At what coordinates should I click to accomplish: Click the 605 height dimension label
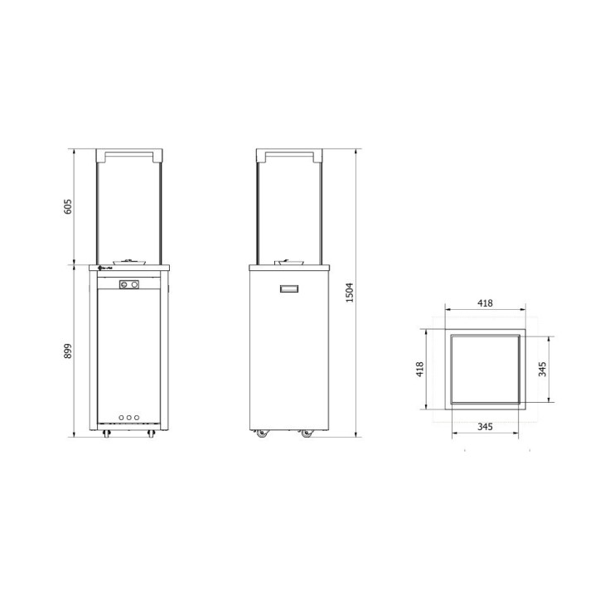[x=69, y=206]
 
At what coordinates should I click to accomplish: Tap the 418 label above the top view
[x=486, y=303]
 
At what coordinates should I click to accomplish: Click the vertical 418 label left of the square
[x=420, y=367]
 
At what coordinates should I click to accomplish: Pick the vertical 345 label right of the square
[x=543, y=369]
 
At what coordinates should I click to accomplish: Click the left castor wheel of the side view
[x=262, y=433]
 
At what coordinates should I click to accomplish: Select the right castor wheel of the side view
[x=307, y=433]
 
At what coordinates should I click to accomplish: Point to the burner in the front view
[x=128, y=260]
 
